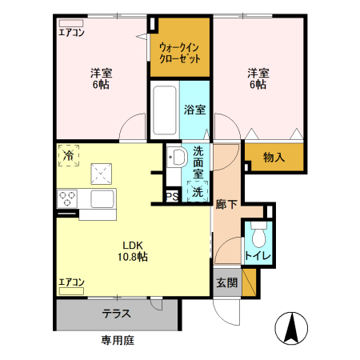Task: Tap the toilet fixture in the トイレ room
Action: pyautogui.click(x=258, y=237)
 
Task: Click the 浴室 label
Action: pyautogui.click(x=194, y=110)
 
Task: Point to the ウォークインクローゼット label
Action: pyautogui.click(x=179, y=54)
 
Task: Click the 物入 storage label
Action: pyautogui.click(x=274, y=158)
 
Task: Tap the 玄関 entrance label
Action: pyautogui.click(x=226, y=282)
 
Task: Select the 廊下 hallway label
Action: pyautogui.click(x=226, y=204)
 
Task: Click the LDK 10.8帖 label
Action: pyautogui.click(x=134, y=251)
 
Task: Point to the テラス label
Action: pyautogui.click(x=117, y=314)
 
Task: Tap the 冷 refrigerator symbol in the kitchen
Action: pyautogui.click(x=70, y=155)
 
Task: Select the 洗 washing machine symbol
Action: pyautogui.click(x=196, y=191)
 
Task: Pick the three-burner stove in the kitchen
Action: pyautogui.click(x=67, y=198)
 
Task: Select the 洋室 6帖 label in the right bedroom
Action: pyautogui.click(x=258, y=78)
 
